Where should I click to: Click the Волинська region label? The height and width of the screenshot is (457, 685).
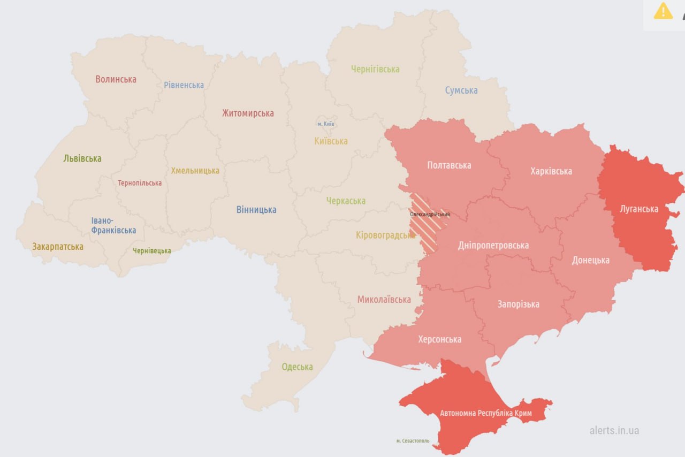click(116, 79)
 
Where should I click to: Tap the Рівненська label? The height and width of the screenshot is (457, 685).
click(184, 85)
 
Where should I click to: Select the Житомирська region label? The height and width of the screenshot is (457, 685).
click(248, 113)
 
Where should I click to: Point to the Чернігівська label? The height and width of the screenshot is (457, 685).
click(375, 69)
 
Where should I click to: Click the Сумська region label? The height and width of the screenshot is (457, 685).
click(461, 90)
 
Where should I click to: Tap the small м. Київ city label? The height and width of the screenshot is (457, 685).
click(325, 124)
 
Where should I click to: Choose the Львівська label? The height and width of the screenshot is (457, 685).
click(82, 158)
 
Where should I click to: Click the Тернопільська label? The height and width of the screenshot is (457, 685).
click(140, 183)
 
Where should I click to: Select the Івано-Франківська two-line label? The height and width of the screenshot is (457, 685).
click(113, 225)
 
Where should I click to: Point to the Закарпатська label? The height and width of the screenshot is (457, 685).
click(58, 247)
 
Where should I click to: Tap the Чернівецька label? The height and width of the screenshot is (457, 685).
click(152, 250)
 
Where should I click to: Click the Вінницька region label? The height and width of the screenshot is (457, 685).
click(256, 210)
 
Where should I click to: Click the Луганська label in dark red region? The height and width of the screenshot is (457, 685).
click(638, 209)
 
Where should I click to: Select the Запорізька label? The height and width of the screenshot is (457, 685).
click(518, 304)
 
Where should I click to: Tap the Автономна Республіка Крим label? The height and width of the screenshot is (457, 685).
click(485, 414)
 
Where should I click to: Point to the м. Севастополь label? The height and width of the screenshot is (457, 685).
click(413, 441)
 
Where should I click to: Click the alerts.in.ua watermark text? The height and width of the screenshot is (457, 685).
click(614, 430)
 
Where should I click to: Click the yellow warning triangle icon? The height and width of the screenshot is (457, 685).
click(663, 11)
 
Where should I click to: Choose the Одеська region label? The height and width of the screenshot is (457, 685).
click(297, 367)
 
